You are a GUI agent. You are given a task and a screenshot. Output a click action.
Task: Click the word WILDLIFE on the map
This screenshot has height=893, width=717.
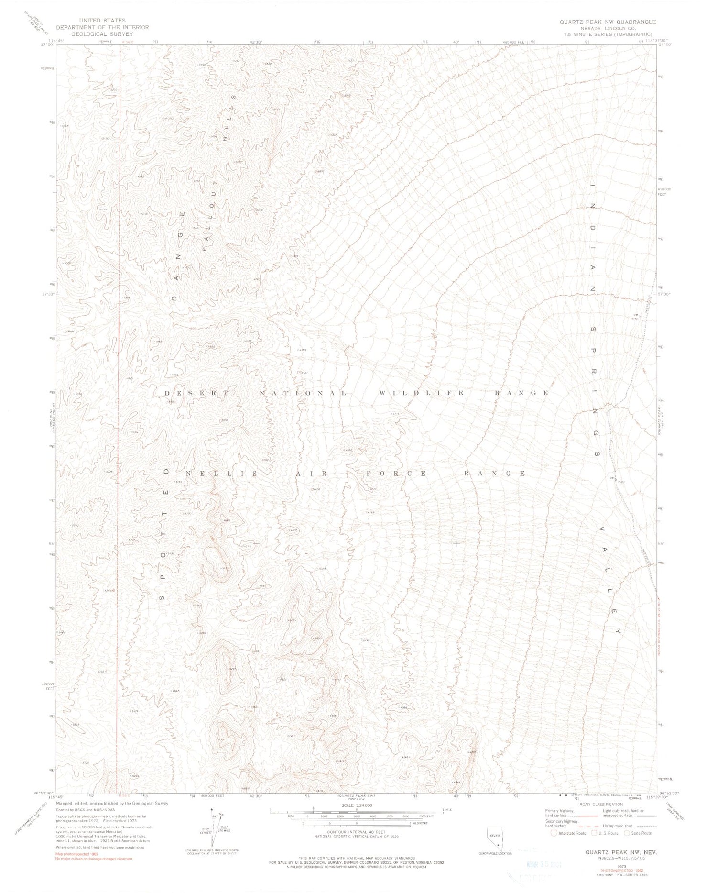click(x=421, y=393)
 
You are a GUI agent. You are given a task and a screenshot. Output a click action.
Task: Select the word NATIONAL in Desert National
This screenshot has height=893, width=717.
click(x=303, y=393)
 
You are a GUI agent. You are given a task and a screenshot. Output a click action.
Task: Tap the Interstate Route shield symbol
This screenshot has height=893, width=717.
click(x=554, y=833)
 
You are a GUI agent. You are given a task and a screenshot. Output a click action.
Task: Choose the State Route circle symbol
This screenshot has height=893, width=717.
click(x=627, y=833)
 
